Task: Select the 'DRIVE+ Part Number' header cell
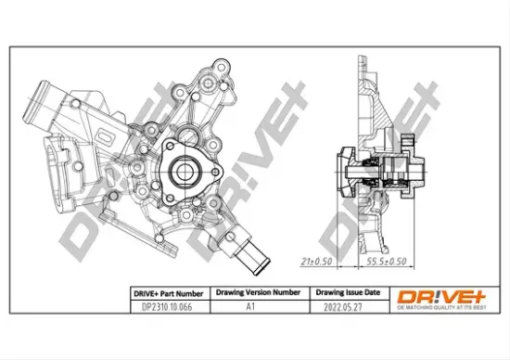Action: click(x=164, y=290)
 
